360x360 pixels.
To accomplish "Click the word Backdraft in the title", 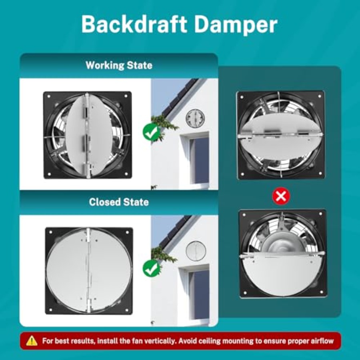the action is (x=134, y=24).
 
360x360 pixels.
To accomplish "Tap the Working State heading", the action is (x=119, y=66).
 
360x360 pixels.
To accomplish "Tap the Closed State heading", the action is (x=119, y=202).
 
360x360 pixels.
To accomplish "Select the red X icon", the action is (x=281, y=196).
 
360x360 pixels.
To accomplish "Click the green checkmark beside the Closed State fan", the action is (x=151, y=269).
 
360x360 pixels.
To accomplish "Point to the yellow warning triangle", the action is (x=32, y=341).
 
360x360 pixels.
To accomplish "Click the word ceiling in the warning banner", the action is (x=210, y=341).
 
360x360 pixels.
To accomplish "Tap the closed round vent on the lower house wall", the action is (x=196, y=251).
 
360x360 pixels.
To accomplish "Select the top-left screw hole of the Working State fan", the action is (x=49, y=97).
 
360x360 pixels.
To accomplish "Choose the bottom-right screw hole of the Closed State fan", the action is (x=126, y=310).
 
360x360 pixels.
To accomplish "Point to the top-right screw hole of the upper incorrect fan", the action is (x=319, y=96).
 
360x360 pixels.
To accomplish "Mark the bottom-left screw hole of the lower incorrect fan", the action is (x=245, y=292).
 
